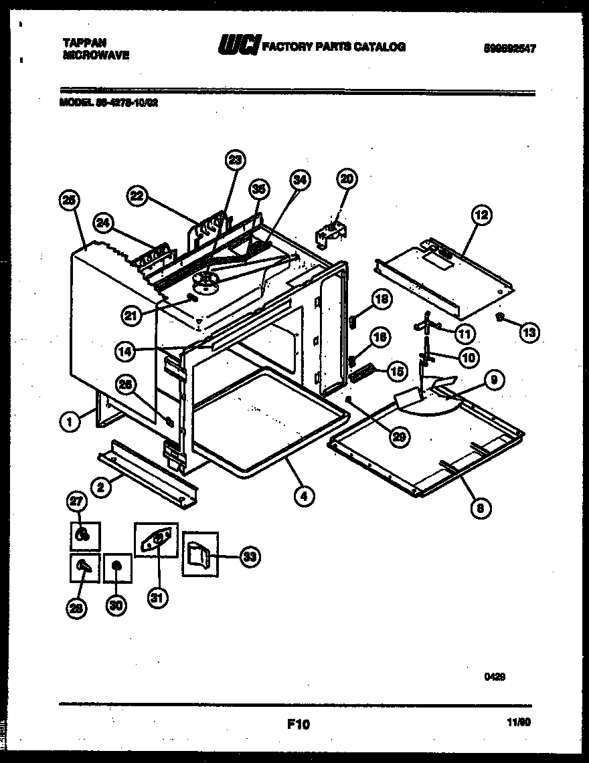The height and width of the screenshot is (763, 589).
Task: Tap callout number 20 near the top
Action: (347, 179)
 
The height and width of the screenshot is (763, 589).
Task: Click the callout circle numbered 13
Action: (529, 332)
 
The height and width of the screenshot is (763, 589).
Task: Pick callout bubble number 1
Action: (68, 421)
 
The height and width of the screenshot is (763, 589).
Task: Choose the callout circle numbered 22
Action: (137, 195)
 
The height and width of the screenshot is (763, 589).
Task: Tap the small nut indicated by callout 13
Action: (499, 316)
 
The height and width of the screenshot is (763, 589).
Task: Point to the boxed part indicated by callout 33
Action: (199, 553)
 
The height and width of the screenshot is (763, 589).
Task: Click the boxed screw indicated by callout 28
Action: (84, 567)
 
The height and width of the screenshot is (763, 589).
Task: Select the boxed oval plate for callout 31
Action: (157, 539)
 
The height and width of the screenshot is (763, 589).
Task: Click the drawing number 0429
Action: (495, 677)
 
